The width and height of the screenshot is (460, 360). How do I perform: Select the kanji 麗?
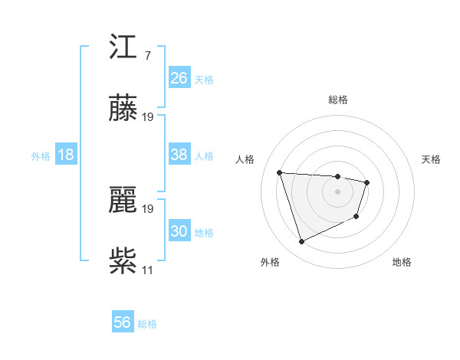(123, 199)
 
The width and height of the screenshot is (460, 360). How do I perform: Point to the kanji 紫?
(123, 260)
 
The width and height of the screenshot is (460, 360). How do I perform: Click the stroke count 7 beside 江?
(147, 56)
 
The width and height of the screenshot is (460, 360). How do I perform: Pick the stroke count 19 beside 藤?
(148, 117)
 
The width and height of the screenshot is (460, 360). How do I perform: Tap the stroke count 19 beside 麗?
(148, 208)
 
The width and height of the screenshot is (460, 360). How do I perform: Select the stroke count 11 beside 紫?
(148, 270)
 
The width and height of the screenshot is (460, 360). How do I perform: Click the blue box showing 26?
(179, 78)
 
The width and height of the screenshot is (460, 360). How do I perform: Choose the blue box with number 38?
(179, 155)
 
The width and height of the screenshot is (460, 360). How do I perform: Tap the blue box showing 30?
(179, 231)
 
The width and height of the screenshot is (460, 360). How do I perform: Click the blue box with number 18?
(66, 155)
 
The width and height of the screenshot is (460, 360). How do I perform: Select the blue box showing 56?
(123, 322)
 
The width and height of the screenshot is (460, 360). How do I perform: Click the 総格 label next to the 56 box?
(147, 324)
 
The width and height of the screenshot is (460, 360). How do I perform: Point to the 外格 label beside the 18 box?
(41, 156)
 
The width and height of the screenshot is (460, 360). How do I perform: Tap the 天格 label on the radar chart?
(432, 159)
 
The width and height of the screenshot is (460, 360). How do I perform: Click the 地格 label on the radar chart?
(402, 262)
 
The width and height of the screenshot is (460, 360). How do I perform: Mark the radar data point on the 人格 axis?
(280, 172)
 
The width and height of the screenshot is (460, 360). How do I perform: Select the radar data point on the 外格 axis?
(301, 242)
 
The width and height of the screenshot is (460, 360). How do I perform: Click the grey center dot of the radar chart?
(337, 191)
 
